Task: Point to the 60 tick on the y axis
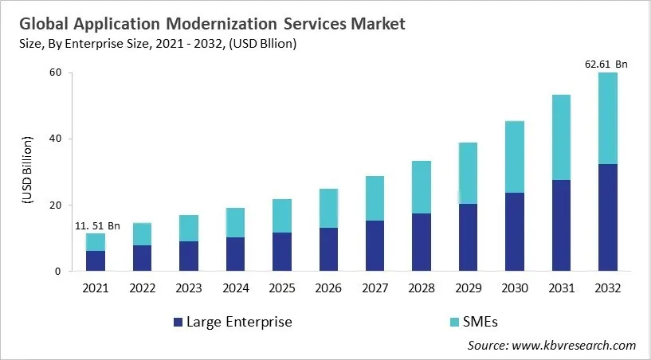tap(55, 73)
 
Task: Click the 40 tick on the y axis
tap(55, 139)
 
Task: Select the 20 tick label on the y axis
tap(55, 205)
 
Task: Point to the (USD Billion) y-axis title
tap(26, 172)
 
